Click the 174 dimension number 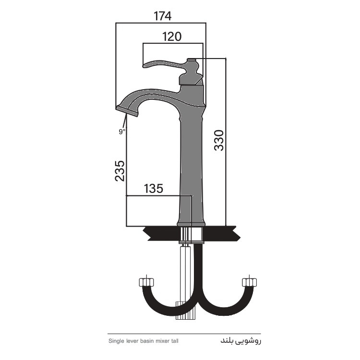[163, 16]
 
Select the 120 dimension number [172, 36]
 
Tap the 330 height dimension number [219, 140]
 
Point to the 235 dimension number [120, 171]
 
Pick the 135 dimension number [154, 189]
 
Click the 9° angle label [122, 132]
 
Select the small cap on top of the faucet [192, 60]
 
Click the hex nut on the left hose [146, 282]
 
